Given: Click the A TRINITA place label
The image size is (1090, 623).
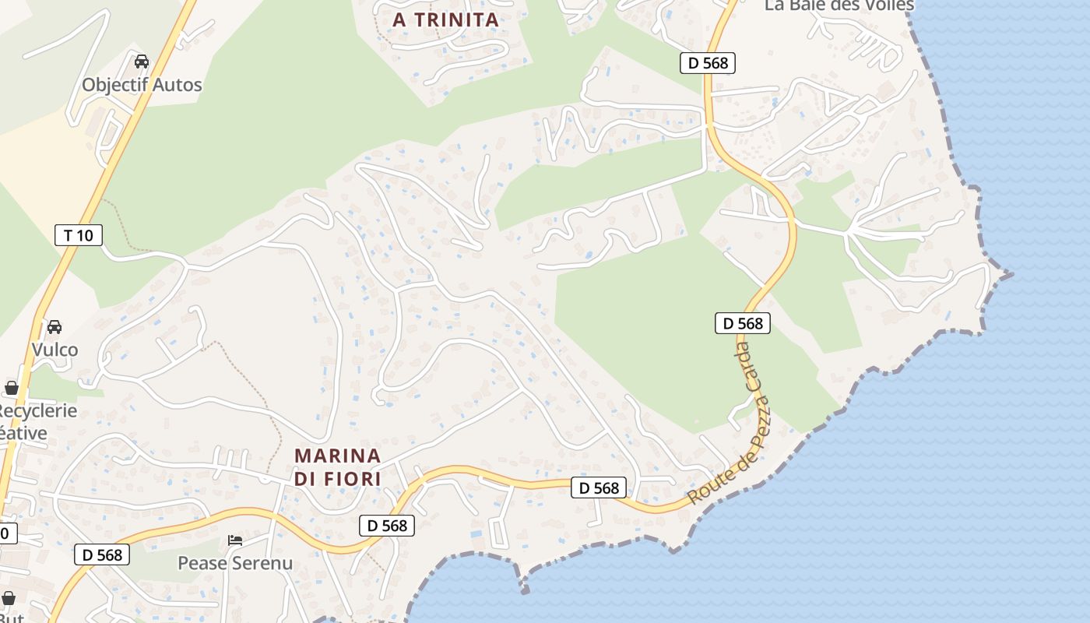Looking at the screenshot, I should [445, 20].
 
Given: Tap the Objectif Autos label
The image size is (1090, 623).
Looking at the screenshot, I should [142, 85].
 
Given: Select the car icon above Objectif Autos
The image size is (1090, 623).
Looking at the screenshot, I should [142, 62].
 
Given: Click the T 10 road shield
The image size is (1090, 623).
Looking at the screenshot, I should [79, 234].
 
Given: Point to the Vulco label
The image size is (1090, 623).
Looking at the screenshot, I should [54, 350].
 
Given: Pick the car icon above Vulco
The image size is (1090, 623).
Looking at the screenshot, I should [54, 327].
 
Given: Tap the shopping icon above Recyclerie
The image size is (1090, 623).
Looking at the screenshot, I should [12, 388].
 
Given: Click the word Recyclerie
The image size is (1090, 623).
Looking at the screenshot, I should [37, 410].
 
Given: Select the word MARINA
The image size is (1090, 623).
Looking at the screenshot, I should [338, 456].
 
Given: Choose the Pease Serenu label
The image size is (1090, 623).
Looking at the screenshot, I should [235, 562].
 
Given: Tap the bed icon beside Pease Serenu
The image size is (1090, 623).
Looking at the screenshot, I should [235, 540].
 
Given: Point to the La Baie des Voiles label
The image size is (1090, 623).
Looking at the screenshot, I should [839, 5].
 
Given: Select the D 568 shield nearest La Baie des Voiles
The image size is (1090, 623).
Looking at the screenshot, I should [708, 63].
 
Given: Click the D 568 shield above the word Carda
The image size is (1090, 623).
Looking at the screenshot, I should [743, 323].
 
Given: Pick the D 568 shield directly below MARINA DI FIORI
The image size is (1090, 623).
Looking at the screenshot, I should [387, 526].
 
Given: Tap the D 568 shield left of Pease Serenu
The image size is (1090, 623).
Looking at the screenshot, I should [102, 554].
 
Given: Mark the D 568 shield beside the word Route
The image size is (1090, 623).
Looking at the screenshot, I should [599, 487].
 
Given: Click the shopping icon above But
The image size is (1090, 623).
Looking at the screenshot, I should [9, 598].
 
